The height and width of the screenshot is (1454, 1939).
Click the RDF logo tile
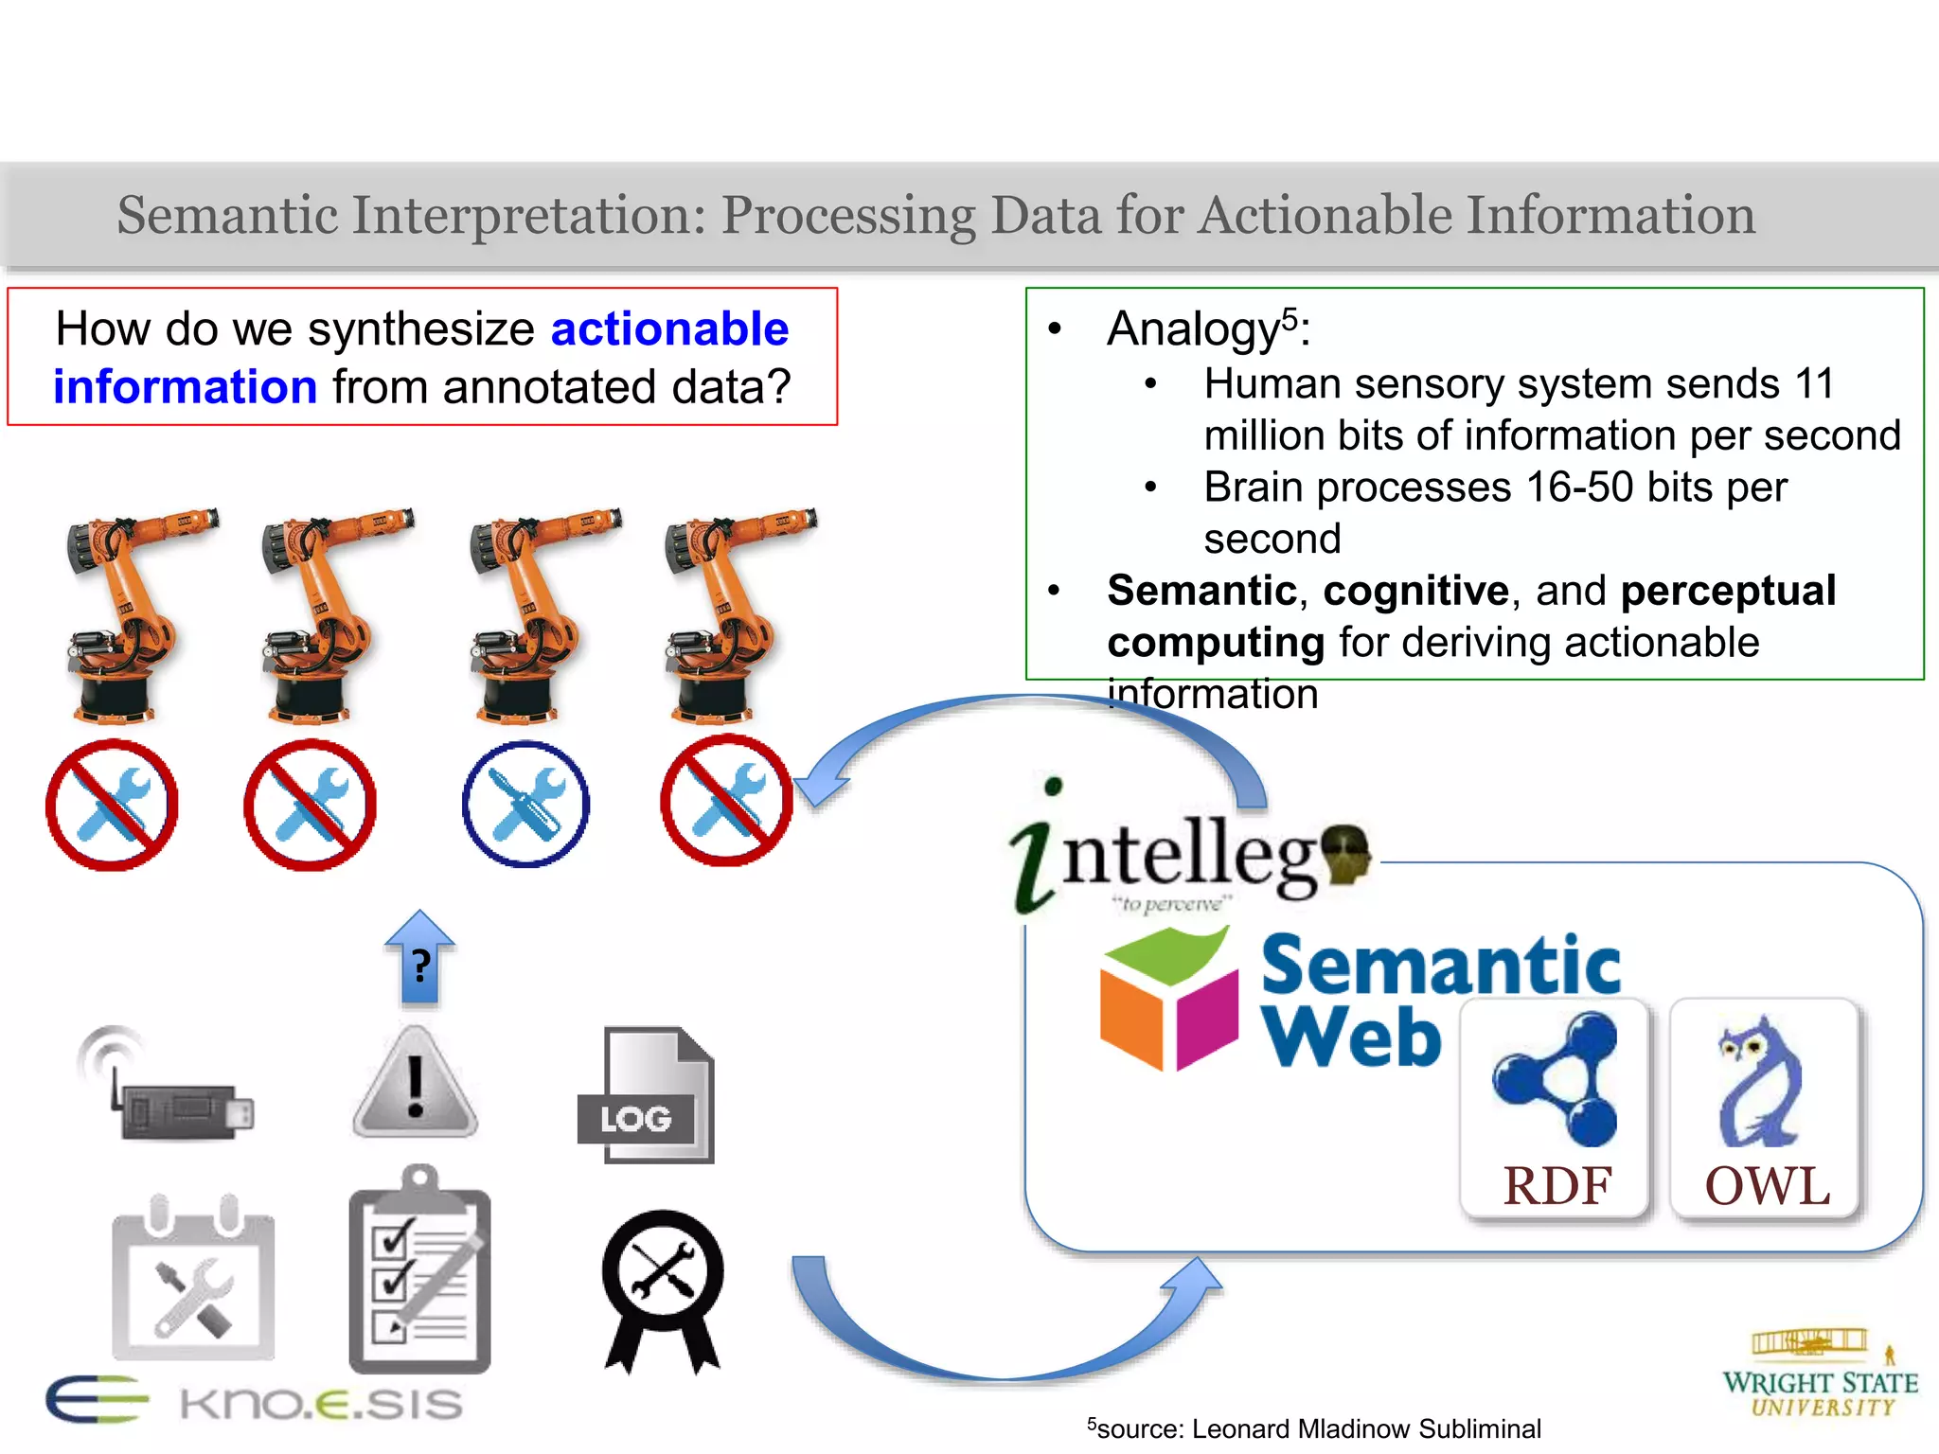point(1555,1108)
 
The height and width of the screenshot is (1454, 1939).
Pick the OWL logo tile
point(1765,1108)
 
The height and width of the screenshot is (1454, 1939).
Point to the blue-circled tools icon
point(525,804)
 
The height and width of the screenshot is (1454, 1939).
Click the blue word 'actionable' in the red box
point(669,329)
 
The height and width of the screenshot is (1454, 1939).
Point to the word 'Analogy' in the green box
point(1193,329)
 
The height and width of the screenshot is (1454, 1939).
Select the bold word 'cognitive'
point(1415,591)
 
